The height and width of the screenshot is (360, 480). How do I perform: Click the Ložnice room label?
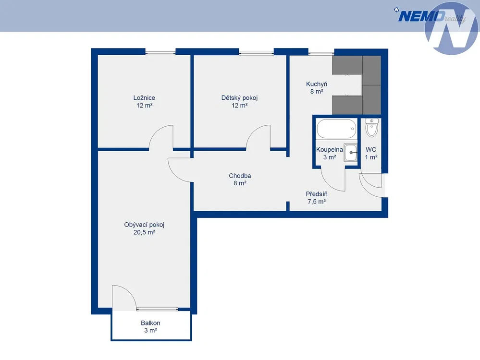[144, 98]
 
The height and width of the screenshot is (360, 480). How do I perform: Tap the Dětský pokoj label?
[239, 98]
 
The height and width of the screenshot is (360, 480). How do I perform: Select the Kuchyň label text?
[317, 84]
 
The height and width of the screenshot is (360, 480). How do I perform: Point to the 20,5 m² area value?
[144, 232]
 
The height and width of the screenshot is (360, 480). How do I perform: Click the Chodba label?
[240, 176]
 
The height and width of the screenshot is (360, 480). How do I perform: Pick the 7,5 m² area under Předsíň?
[317, 202]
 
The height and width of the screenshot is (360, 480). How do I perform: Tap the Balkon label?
[150, 323]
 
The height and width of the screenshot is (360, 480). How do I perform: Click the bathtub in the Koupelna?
[336, 129]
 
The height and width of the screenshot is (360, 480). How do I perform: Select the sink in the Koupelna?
[350, 152]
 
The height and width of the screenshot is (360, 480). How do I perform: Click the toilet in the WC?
[371, 128]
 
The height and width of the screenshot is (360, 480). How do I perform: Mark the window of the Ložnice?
[160, 53]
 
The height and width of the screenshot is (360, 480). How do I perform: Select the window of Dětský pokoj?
[256, 53]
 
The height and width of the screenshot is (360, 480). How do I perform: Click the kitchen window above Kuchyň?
[321, 53]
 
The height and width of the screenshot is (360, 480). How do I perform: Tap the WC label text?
[371, 150]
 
